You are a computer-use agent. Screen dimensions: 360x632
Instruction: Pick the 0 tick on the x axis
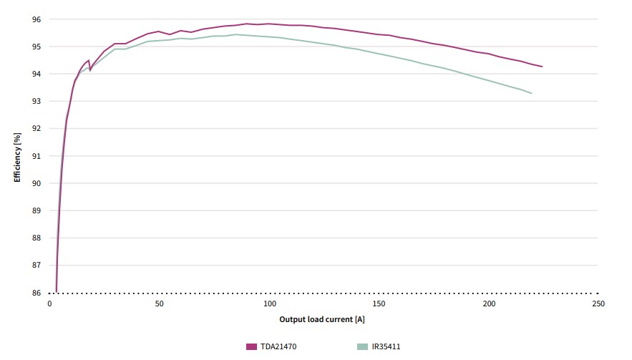pyautogui.click(x=49, y=304)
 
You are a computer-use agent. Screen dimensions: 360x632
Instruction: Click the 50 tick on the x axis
pyautogui.click(x=159, y=304)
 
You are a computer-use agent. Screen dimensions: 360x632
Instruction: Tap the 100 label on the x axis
pyautogui.click(x=269, y=304)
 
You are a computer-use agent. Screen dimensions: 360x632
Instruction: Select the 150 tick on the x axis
pyautogui.click(x=379, y=304)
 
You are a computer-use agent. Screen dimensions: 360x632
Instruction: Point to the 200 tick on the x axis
pyautogui.click(x=489, y=304)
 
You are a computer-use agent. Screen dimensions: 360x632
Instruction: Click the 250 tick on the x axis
pyautogui.click(x=598, y=304)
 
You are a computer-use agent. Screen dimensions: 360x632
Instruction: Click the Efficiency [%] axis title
pyautogui.click(x=17, y=156)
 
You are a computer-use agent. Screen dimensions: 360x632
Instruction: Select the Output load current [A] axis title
pyautogui.click(x=322, y=319)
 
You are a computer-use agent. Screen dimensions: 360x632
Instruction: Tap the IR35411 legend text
pyautogui.click(x=386, y=347)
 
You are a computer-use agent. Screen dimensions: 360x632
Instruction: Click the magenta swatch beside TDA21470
pyautogui.click(x=251, y=347)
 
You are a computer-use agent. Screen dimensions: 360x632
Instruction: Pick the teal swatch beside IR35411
pyautogui.click(x=362, y=347)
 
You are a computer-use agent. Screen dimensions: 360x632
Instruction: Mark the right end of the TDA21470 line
pyautogui.click(x=542, y=67)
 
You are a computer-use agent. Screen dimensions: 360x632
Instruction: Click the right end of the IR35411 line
pyautogui.click(x=531, y=93)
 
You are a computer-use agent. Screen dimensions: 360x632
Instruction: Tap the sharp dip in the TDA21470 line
pyautogui.click(x=90, y=70)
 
